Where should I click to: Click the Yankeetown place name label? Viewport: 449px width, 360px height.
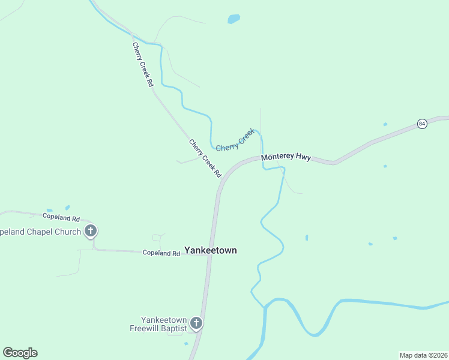210,250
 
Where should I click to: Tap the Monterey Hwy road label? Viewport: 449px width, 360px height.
286,157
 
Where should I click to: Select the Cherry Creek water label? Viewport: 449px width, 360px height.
235,140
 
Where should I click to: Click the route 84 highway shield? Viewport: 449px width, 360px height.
422,124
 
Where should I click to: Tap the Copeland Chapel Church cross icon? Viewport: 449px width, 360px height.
91,231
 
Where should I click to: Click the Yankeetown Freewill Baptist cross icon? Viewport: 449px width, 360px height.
196,324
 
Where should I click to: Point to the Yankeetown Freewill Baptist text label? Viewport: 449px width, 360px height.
158,324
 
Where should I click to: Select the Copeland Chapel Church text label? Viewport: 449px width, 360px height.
40,232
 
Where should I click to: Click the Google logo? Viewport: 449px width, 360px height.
20,353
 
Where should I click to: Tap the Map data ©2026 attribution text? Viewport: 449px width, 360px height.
423,355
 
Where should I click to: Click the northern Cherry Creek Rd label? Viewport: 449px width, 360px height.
143,65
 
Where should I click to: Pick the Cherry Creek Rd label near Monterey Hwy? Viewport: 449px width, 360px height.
205,158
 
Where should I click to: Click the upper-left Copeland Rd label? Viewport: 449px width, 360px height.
61,216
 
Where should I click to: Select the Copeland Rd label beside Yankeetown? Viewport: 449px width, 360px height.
161,253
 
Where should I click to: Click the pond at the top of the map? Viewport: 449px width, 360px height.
234,19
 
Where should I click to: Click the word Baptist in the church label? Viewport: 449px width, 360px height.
173,328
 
